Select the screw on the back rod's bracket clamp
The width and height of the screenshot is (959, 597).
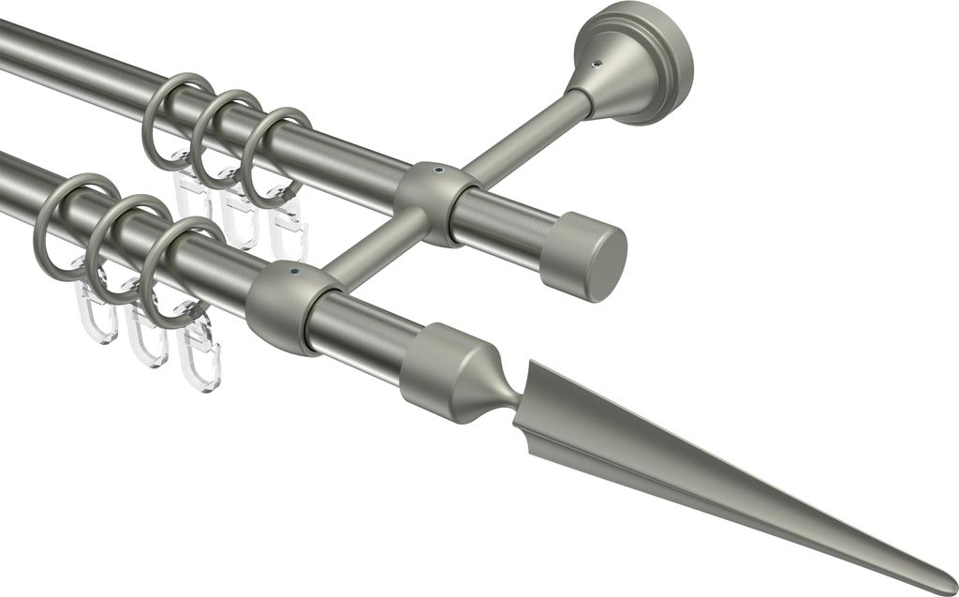[436, 172]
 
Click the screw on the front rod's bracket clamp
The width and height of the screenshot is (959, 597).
[295, 272]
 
